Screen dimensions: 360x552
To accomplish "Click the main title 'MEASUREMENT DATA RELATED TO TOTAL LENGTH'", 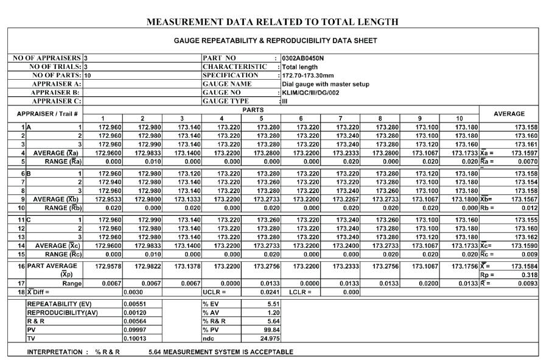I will pyautogui.click(x=273, y=22).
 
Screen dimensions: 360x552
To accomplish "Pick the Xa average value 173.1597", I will pyautogui.click(x=524, y=153).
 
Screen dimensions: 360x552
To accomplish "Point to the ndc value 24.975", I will pyautogui.click(x=270, y=337).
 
